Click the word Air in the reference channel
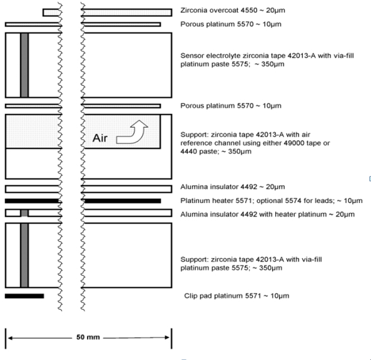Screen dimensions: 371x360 point(100,138)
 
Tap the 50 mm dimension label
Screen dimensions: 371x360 point(88,337)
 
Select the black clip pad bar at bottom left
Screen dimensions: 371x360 point(24,296)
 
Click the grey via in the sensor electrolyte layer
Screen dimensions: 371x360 point(24,65)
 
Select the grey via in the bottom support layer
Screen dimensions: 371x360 point(24,255)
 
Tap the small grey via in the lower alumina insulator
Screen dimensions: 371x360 point(24,213)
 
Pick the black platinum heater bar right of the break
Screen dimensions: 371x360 point(123,201)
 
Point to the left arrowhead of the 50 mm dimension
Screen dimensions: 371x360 point(10,338)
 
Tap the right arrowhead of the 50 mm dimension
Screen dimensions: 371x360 point(167,337)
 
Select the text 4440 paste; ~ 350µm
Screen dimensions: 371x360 point(216,152)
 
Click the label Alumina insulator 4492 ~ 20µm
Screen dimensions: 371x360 point(233,187)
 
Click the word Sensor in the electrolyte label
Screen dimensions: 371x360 point(192,56)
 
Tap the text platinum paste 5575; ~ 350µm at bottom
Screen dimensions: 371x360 point(231,268)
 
